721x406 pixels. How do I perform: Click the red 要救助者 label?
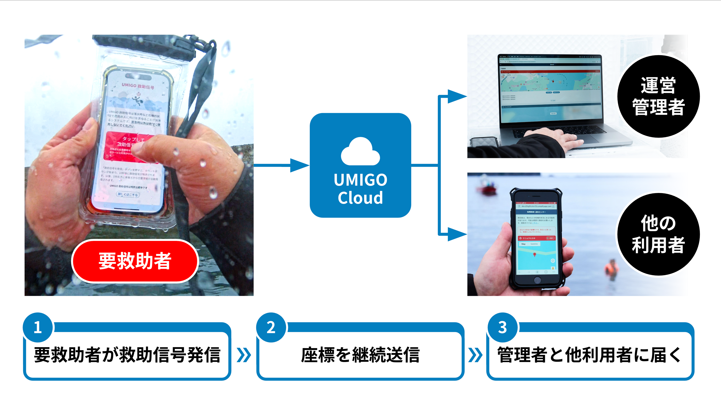click(x=135, y=261)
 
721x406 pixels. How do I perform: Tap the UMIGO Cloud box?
click(x=360, y=165)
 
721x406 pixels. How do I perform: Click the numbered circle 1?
click(x=38, y=327)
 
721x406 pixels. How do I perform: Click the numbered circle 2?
click(x=271, y=327)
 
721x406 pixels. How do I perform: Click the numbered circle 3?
click(x=502, y=327)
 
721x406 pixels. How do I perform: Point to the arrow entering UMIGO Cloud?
click(x=298, y=165)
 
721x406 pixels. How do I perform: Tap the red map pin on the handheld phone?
click(x=535, y=254)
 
